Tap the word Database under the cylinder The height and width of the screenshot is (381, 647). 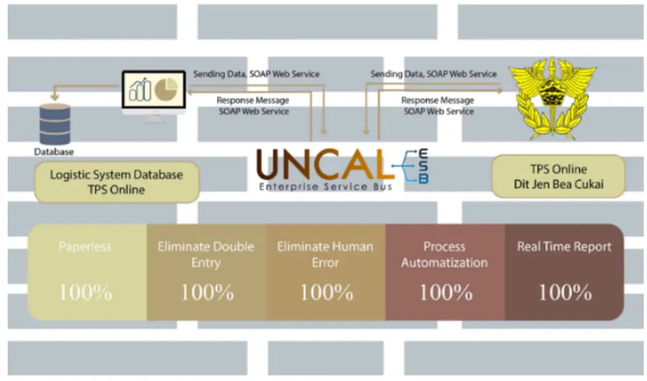[54, 151]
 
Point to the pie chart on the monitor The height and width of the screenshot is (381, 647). [168, 89]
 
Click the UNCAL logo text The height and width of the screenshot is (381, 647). [321, 165]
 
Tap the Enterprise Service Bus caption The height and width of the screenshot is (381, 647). [326, 187]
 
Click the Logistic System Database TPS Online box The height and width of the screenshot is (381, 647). [117, 182]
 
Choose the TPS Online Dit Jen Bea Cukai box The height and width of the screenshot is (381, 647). [559, 176]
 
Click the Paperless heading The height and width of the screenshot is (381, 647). [86, 247]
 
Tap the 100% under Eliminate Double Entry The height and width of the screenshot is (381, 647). [207, 292]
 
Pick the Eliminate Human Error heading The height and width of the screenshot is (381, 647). [325, 254]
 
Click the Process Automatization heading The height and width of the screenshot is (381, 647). [445, 254]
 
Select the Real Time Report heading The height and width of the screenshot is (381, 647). [564, 247]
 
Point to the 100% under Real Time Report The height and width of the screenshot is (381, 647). [565, 292]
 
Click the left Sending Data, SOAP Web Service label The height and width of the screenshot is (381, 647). [255, 74]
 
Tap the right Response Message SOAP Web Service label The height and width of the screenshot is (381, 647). [438, 106]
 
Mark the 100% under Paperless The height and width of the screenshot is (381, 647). [86, 292]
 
